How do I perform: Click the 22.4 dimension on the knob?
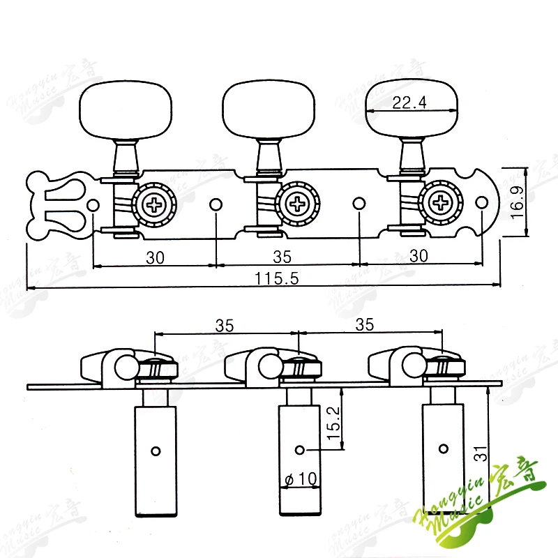click(409, 103)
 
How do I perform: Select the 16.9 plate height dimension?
click(517, 202)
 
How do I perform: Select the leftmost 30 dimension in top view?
click(155, 256)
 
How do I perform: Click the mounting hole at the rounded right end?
click(481, 204)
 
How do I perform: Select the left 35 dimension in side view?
click(224, 325)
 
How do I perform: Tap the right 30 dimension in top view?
click(418, 256)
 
